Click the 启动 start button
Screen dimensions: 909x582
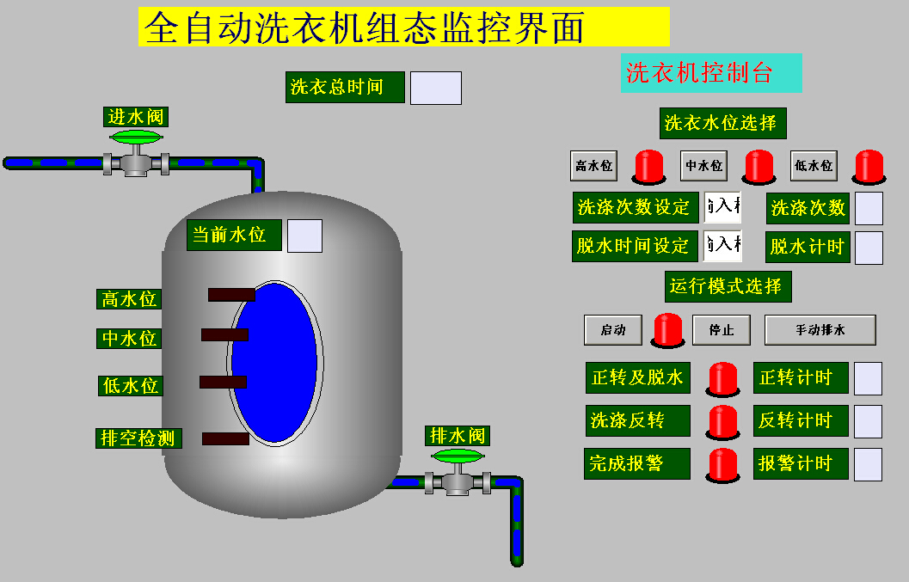pyautogui.click(x=613, y=330)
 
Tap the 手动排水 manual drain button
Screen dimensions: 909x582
pyautogui.click(x=820, y=330)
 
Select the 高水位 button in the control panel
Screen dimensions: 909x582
pyautogui.click(x=594, y=166)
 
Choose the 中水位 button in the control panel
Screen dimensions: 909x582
pyautogui.click(x=703, y=166)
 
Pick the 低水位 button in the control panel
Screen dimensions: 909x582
pyautogui.click(x=814, y=166)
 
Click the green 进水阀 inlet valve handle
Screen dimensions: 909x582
pyautogui.click(x=135, y=138)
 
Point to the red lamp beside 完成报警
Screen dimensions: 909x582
pyautogui.click(x=723, y=464)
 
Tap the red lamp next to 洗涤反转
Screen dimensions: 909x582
pyautogui.click(x=723, y=421)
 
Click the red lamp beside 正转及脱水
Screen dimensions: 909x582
pyautogui.click(x=723, y=378)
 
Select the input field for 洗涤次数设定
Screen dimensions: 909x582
pyautogui.click(x=722, y=207)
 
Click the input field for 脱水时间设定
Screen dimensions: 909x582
pyautogui.click(x=722, y=246)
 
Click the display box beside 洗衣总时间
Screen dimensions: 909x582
pyautogui.click(x=435, y=88)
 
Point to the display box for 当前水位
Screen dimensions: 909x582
pyautogui.click(x=304, y=236)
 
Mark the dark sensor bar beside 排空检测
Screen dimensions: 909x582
pyautogui.click(x=225, y=438)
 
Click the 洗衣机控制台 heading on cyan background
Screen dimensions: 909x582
pyautogui.click(x=710, y=73)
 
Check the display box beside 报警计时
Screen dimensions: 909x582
pyautogui.click(x=868, y=464)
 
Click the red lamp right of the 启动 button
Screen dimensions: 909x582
pyautogui.click(x=668, y=330)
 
